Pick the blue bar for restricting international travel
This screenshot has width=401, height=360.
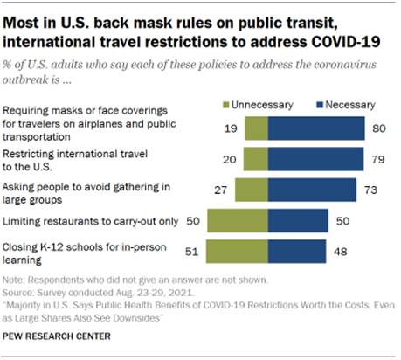click(x=315, y=158)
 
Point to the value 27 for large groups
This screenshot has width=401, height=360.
click(x=221, y=190)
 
